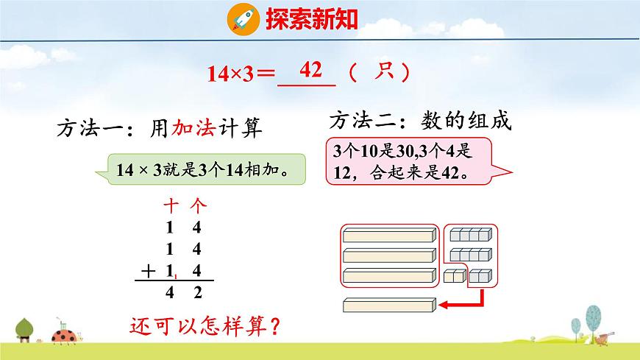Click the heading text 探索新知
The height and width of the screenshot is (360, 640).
click(312, 18)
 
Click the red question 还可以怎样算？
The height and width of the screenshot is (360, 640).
click(206, 325)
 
